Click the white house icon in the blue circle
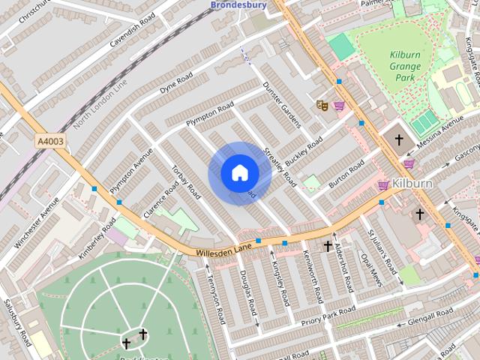point(239,173)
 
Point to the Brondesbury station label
point(238,5)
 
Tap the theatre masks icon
point(322,106)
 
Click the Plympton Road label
point(213,114)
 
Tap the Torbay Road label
point(184,182)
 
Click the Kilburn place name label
point(412,184)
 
